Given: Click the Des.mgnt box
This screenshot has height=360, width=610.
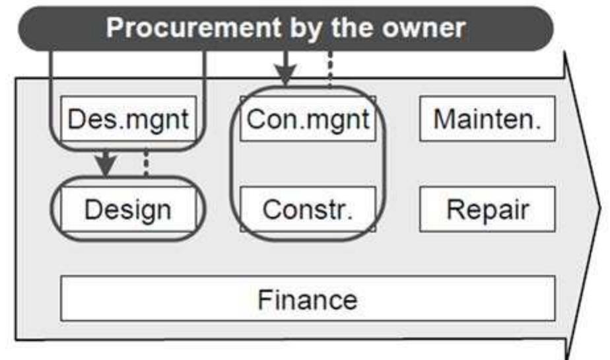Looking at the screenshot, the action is point(128,118).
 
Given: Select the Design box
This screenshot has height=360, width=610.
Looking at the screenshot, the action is point(128,209).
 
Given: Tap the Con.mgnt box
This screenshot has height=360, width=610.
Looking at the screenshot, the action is point(308,118).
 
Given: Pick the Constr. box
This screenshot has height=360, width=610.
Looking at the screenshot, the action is point(308,209).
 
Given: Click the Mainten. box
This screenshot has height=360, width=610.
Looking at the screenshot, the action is point(487,118).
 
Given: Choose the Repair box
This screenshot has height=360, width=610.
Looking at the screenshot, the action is point(487,209).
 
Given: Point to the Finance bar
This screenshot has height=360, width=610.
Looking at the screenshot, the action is point(308,299).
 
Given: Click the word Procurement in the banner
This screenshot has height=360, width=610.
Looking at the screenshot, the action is point(194,28).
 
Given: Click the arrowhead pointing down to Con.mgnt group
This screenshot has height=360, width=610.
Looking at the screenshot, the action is point(286,75).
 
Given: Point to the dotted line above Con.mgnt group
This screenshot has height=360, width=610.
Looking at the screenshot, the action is point(330,69).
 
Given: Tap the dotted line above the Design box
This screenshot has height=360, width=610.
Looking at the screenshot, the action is point(146,163).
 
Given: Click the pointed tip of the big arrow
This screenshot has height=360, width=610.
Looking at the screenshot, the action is point(600,209).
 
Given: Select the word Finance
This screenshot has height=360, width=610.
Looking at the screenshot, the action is point(308,300).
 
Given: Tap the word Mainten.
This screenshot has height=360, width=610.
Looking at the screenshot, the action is point(487,119).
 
